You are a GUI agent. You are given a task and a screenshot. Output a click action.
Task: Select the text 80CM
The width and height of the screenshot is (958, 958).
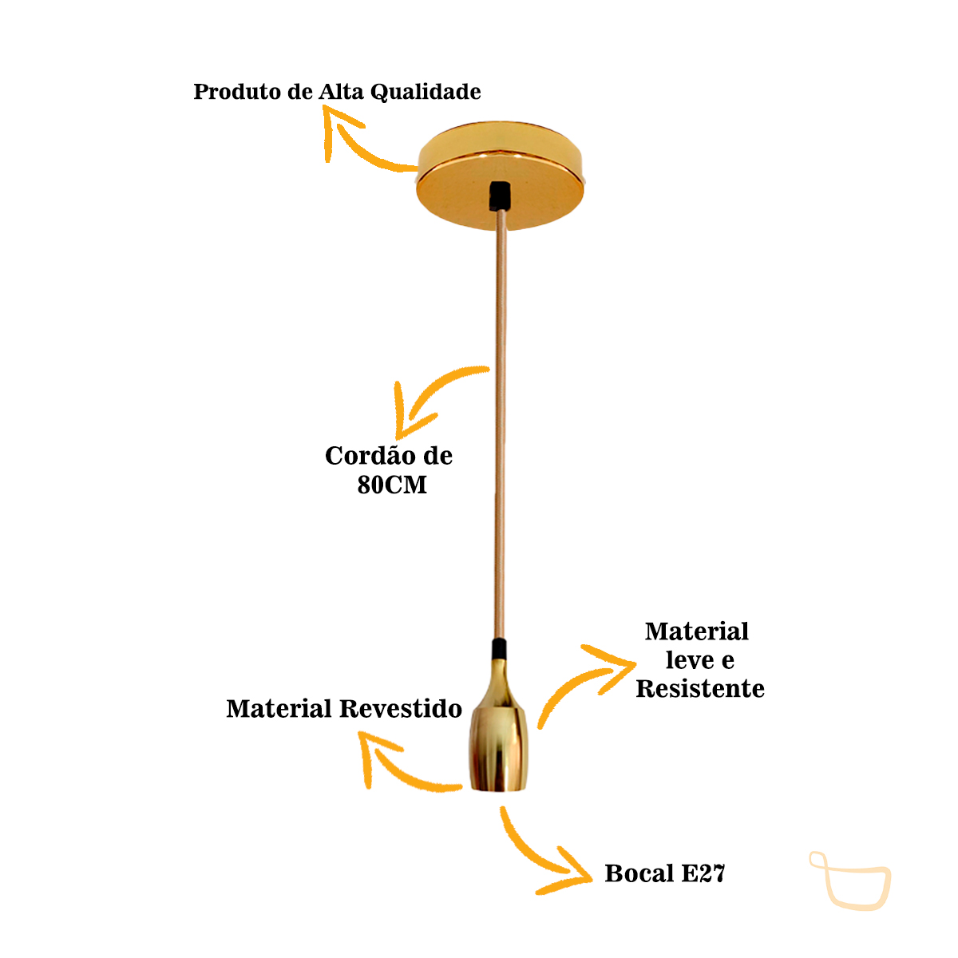(392, 485)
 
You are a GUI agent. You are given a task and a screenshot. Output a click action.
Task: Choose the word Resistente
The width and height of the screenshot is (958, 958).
(700, 689)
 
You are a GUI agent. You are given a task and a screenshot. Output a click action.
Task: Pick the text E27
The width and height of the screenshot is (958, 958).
(703, 873)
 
